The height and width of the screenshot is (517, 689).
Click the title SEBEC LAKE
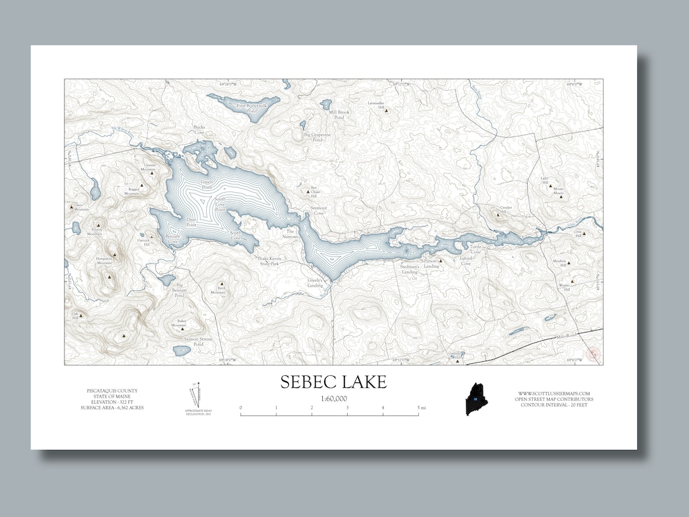click(x=333, y=382)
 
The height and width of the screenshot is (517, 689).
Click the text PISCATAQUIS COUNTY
click(x=112, y=391)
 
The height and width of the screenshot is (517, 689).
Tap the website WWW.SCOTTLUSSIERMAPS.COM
click(x=553, y=393)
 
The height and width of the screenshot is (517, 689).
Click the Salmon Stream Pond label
click(x=198, y=341)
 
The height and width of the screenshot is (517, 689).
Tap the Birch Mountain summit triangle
click(x=221, y=283)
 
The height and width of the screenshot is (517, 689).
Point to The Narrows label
click(x=290, y=234)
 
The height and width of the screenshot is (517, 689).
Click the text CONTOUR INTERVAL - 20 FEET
click(x=553, y=405)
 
